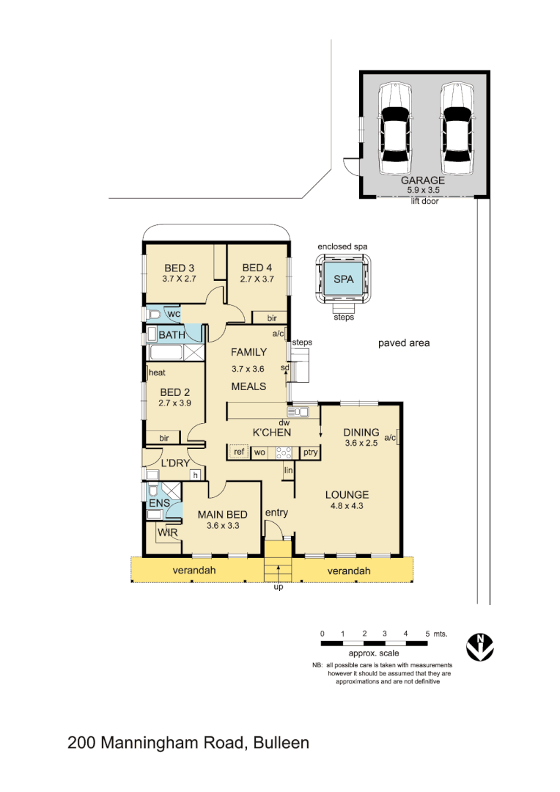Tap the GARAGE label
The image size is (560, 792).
(423, 180)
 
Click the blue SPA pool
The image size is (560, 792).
(342, 280)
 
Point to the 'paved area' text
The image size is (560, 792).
(403, 343)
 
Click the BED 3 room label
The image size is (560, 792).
(179, 268)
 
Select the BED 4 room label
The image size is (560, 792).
(257, 268)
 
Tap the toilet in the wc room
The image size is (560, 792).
(154, 315)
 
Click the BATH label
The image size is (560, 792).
(172, 335)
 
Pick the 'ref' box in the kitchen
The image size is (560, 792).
(239, 452)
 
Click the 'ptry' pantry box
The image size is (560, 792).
(310, 452)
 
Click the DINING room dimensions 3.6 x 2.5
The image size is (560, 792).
(361, 443)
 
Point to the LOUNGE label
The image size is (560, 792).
(347, 494)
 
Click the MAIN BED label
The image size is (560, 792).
(222, 514)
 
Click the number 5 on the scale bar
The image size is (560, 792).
(427, 633)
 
